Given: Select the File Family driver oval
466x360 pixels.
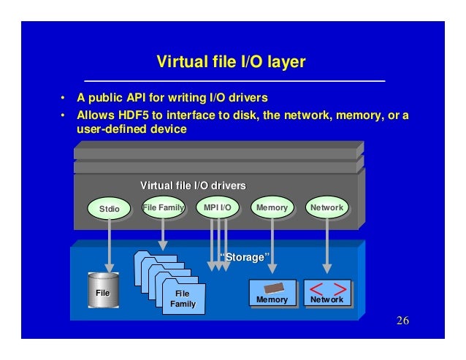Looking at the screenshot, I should pos(163,208).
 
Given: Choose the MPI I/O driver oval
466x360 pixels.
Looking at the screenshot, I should pos(218,208).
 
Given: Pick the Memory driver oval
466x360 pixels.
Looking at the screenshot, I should pos(272,208).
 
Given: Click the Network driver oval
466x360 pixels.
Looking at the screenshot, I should pos(326,208).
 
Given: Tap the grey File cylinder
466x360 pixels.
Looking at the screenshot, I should pos(103,292).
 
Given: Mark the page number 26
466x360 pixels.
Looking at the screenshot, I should pos(402,323).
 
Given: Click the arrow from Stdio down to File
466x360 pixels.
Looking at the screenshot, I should pos(109,245).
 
